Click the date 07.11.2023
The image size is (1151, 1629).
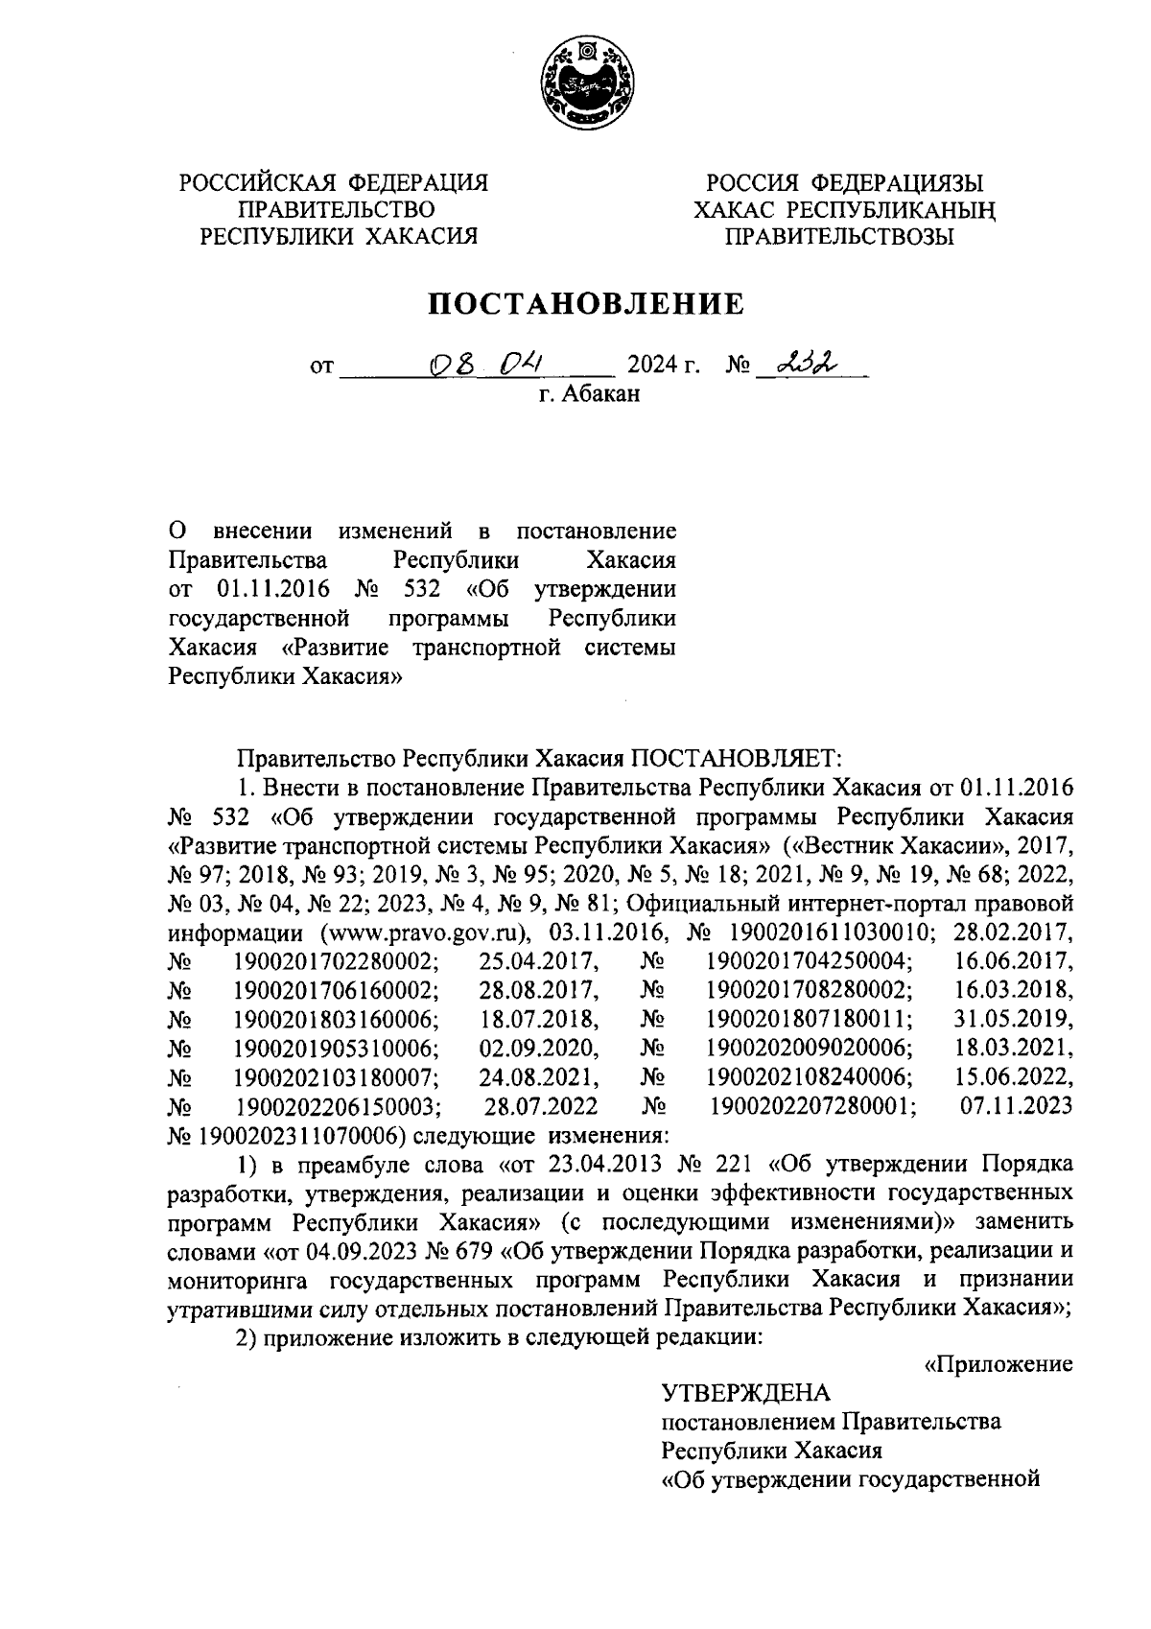[1016, 1106]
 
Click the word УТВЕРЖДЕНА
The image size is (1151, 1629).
[746, 1392]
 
